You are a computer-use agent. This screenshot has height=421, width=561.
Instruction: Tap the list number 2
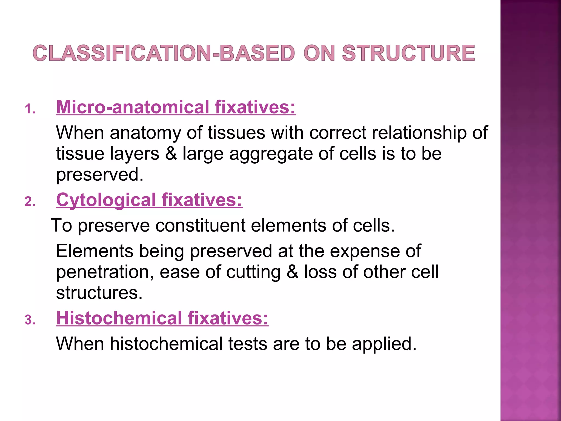click(30, 202)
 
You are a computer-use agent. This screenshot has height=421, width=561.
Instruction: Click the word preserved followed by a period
click(100, 175)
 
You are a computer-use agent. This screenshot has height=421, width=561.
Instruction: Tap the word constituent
click(201, 225)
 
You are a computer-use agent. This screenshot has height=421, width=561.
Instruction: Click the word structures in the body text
click(99, 293)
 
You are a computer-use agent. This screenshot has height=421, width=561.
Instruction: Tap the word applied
click(384, 344)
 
